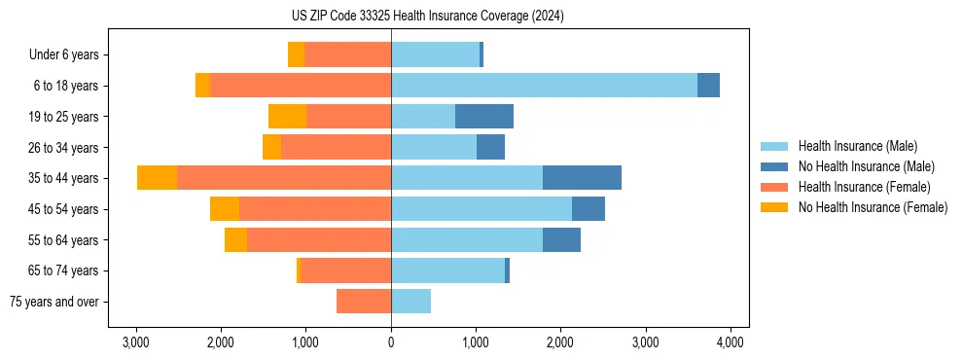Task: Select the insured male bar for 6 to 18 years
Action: coord(544,86)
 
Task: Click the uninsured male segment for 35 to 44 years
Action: coord(582,178)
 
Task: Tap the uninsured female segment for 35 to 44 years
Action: coord(157,178)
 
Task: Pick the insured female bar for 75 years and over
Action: coord(364,302)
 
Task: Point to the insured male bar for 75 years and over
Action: coord(410,302)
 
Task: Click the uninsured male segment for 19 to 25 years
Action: coord(484,117)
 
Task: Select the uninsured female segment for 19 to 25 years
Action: coord(287,117)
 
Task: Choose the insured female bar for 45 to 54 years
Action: coord(315,209)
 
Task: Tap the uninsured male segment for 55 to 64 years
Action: coord(561,239)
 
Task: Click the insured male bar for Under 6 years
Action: coord(435,54)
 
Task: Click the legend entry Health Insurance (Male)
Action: coord(856,146)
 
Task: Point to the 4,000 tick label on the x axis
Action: coord(731,342)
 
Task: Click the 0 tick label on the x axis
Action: coord(391,342)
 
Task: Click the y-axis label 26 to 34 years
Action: coord(64,148)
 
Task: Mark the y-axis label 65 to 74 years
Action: coord(64,270)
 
